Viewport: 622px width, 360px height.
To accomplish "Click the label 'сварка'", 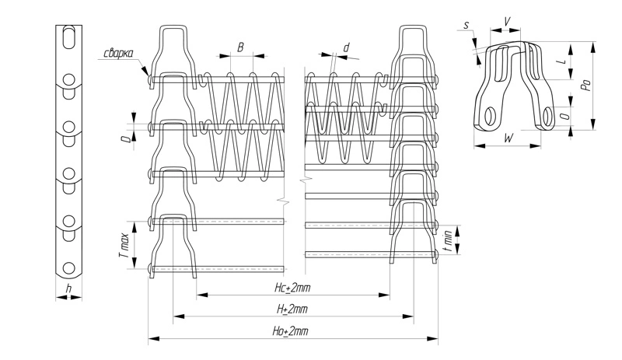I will pyautogui.click(x=117, y=54).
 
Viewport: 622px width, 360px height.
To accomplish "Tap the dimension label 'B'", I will pyautogui.click(x=241, y=47).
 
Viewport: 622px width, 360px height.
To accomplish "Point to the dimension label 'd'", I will pyautogui.click(x=345, y=48).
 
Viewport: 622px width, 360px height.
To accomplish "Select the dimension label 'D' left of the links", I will pyautogui.click(x=124, y=139).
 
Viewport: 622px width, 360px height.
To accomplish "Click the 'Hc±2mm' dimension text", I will pyautogui.click(x=292, y=288).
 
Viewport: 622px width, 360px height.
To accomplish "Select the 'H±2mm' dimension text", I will pyautogui.click(x=292, y=309).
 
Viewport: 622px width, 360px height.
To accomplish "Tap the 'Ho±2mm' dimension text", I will pyautogui.click(x=292, y=331).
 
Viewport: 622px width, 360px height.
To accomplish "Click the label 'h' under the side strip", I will pyautogui.click(x=68, y=289).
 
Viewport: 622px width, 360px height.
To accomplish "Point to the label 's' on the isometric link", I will pyautogui.click(x=466, y=25).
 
